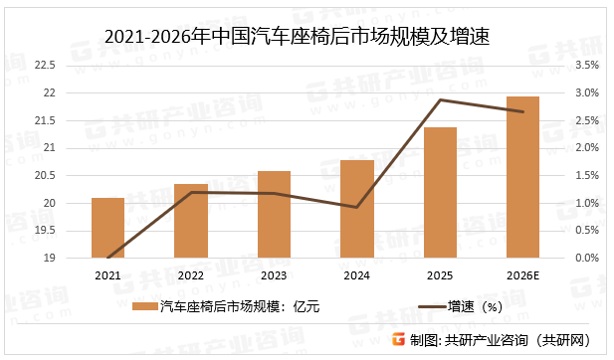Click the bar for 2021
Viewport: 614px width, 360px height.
[x=107, y=228]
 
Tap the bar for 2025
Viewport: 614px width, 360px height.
[x=440, y=193]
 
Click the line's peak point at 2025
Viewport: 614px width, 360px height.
[x=440, y=99]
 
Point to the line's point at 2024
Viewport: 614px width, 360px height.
[x=356, y=207]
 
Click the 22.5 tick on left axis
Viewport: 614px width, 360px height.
[x=47, y=66]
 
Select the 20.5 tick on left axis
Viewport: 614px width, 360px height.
[x=47, y=176]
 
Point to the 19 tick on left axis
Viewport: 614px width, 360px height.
[x=50, y=259]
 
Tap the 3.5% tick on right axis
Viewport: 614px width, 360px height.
[x=585, y=66]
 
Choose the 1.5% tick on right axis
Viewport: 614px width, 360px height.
[x=585, y=176]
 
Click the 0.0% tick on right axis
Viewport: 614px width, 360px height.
[x=585, y=259]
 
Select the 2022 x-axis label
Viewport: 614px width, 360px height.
[x=191, y=275]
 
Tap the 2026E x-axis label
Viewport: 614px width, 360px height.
[x=522, y=275]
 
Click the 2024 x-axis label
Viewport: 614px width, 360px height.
[x=356, y=275]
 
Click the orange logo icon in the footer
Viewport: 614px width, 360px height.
[x=398, y=340]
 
